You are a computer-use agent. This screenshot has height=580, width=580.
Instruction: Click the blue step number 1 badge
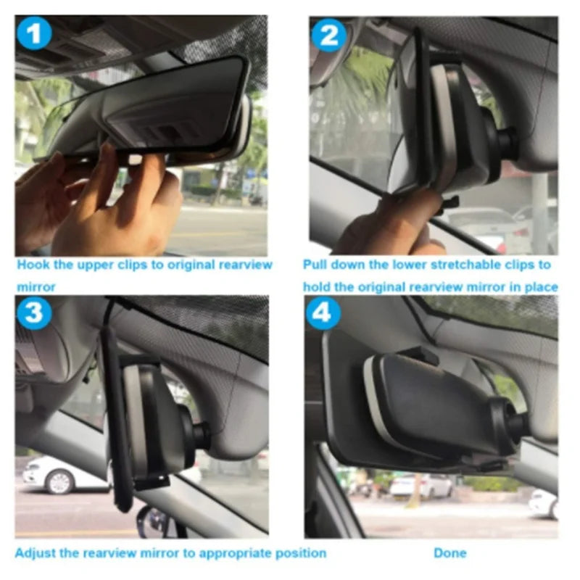(x=33, y=34)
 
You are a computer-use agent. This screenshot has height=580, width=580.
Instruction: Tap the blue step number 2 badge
(x=329, y=36)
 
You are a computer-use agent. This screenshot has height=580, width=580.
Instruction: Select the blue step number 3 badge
(x=33, y=313)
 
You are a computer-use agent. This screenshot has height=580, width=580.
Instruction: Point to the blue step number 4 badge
(x=323, y=313)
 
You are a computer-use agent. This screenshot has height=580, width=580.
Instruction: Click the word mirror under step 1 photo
(x=36, y=287)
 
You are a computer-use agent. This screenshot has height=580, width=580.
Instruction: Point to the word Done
(x=449, y=553)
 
